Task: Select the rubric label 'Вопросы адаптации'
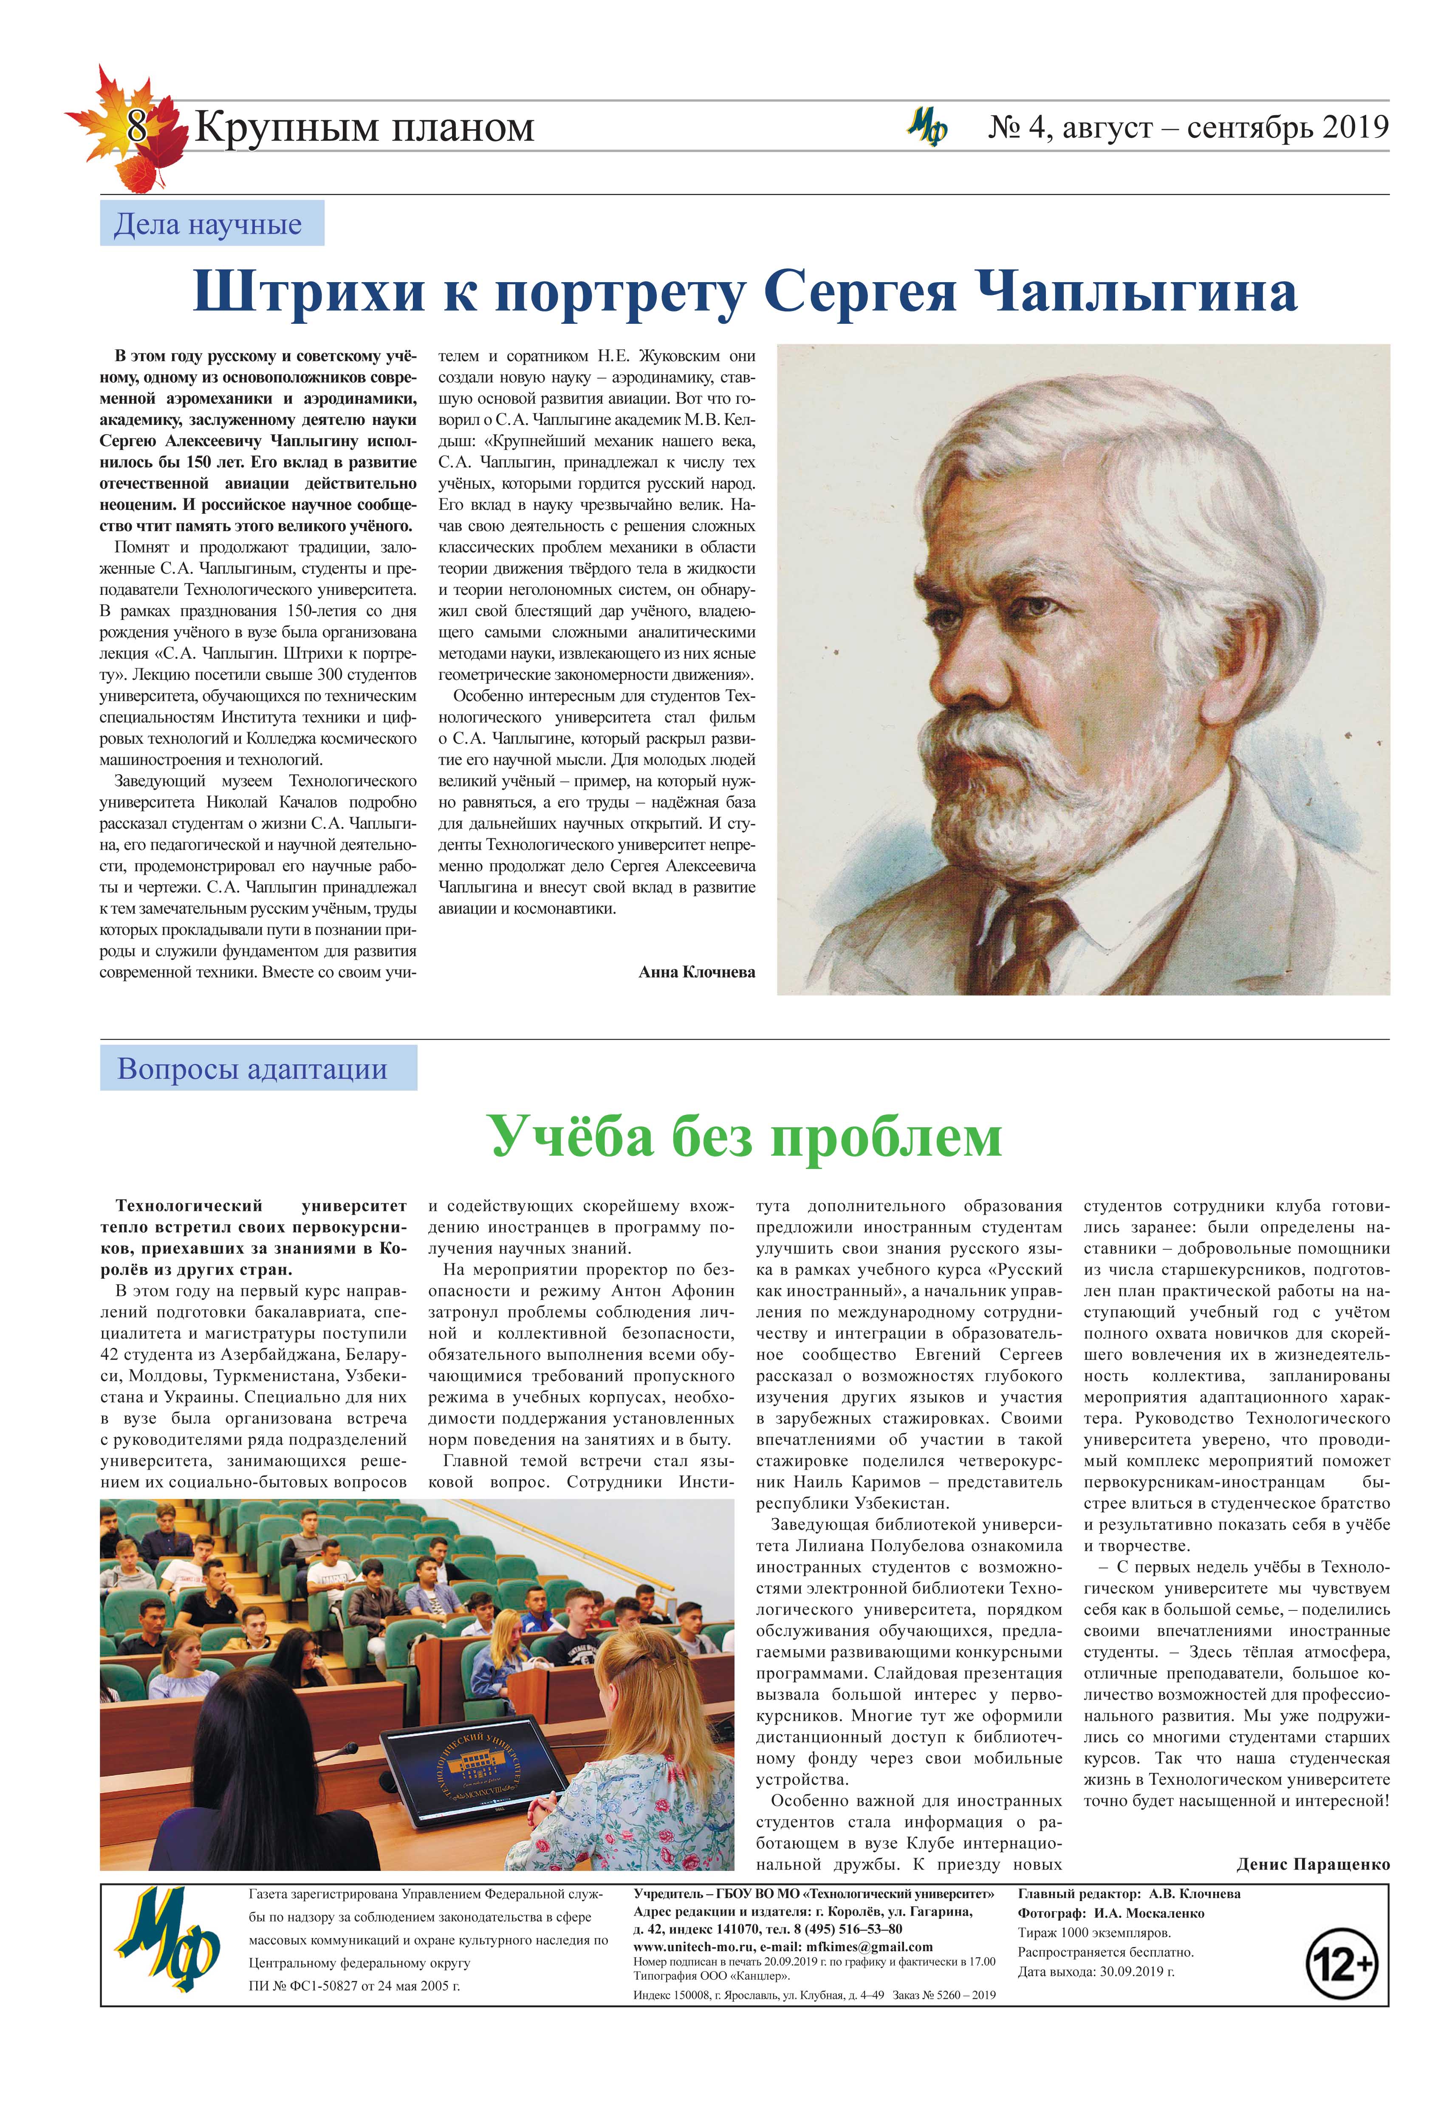pos(252,1069)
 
